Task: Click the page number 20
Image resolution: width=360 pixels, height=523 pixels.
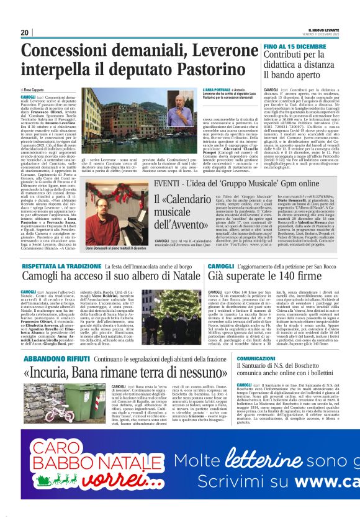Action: pyautogui.click(x=24, y=32)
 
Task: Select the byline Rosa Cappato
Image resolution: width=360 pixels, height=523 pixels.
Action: pyautogui.click(x=35, y=90)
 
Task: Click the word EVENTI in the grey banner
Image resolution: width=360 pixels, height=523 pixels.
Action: pyautogui.click(x=168, y=186)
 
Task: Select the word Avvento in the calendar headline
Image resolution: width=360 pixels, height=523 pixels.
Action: pyautogui.click(x=181, y=225)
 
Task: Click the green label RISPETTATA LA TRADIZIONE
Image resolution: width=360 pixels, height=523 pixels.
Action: pyautogui.click(x=60, y=266)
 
